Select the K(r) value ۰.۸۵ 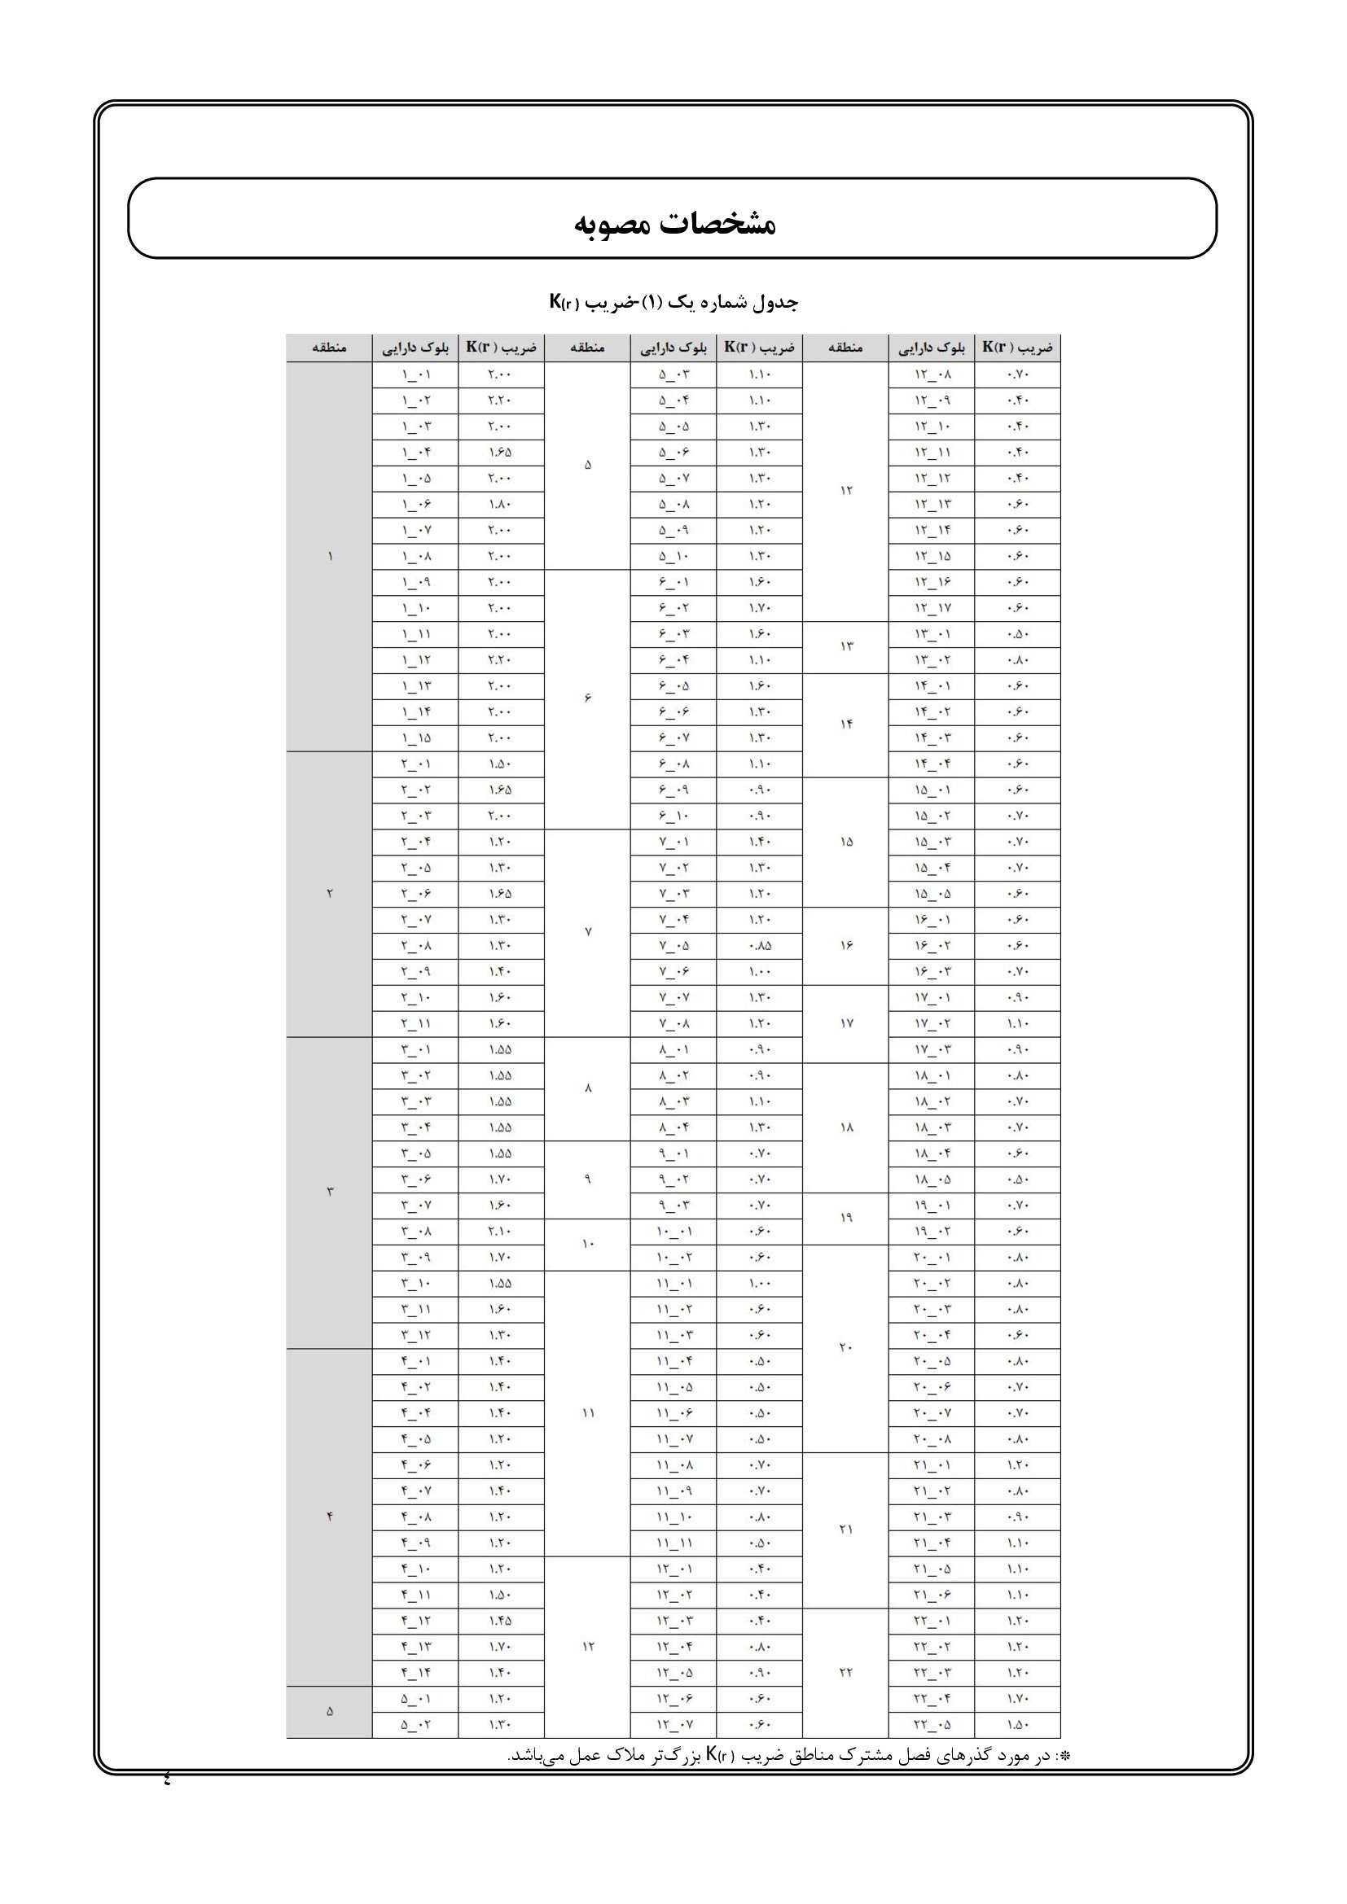759,945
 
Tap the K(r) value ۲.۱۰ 500,1232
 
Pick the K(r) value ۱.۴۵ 500,1621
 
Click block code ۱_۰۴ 415,453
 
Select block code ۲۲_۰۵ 932,1725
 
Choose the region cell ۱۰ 587,1244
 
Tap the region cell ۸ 587,1089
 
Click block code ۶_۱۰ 673,816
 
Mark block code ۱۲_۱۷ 932,609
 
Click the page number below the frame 167,1777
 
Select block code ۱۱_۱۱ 673,1543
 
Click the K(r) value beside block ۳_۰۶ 500,1180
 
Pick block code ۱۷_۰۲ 932,1023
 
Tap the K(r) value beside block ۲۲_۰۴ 1017,1698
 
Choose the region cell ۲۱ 845,1530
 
